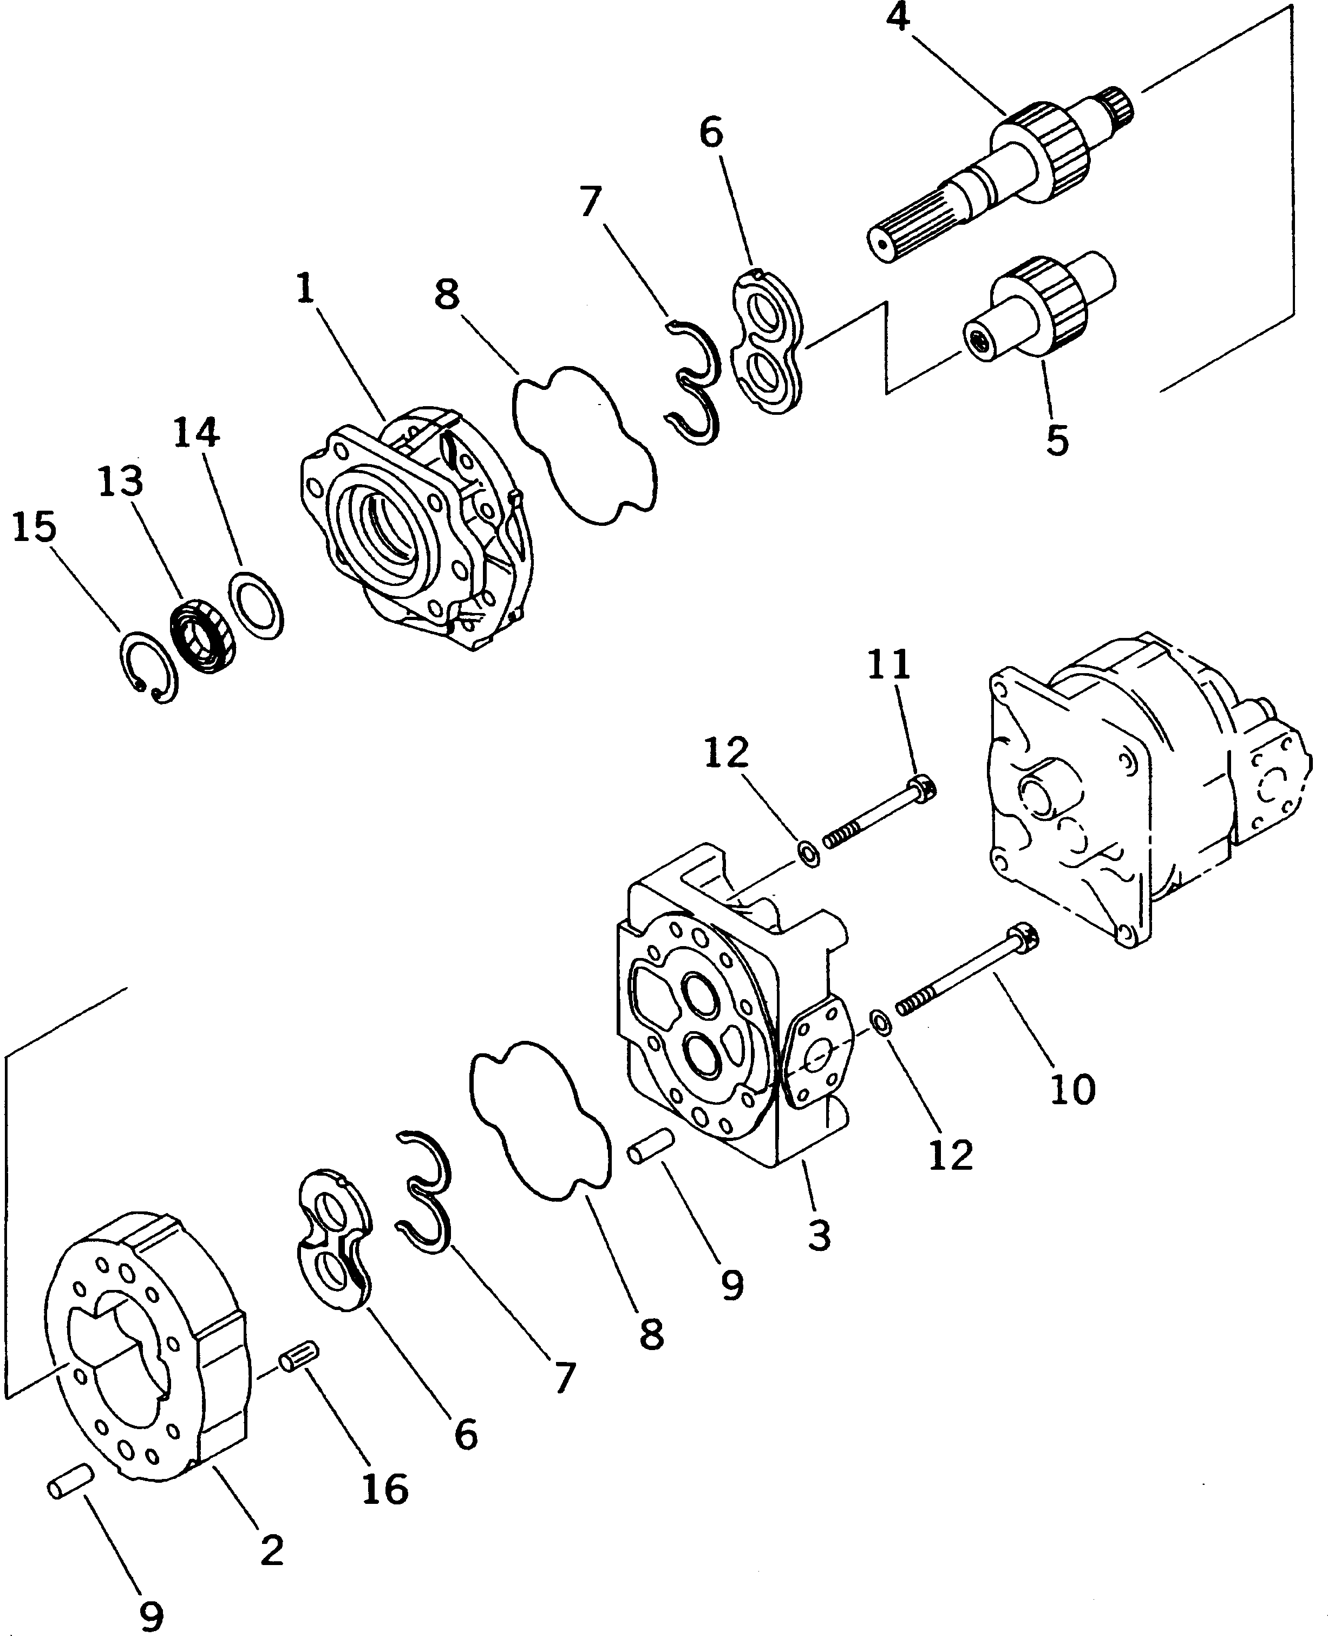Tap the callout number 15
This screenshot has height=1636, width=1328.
click(35, 527)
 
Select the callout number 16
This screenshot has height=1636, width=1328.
click(385, 1488)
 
